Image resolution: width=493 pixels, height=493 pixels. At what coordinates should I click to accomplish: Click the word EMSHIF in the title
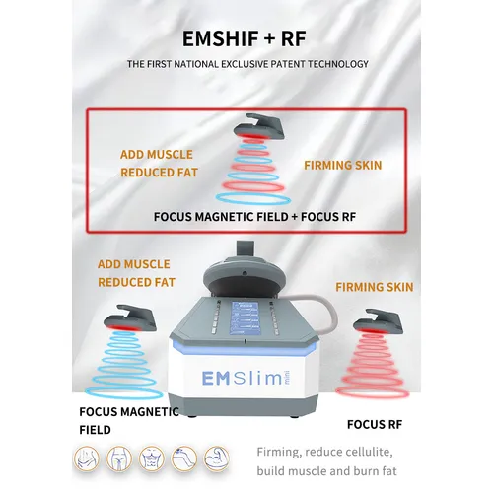pos(221,39)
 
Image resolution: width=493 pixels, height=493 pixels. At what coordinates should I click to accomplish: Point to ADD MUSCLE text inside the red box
pos(157,155)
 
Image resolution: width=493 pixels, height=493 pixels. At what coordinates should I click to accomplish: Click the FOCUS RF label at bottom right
pos(373,425)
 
